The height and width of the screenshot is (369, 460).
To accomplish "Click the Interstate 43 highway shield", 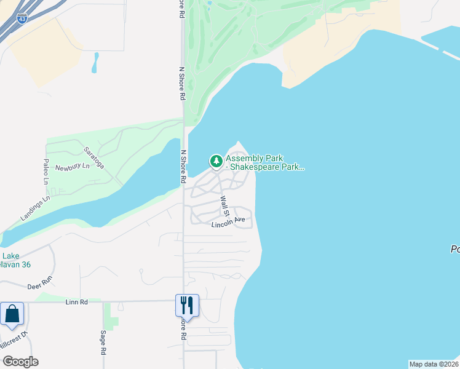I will pyautogui.click(x=22, y=19).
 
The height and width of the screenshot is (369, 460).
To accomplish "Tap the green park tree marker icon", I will pyautogui.click(x=216, y=161).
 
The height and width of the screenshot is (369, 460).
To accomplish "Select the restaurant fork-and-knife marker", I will pyautogui.click(x=187, y=306).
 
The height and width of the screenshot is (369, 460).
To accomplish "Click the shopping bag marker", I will pyautogui.click(x=12, y=314).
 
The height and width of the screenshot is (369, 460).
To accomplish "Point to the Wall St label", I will pyautogui.click(x=225, y=206).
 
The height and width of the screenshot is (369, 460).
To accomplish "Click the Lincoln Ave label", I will pyautogui.click(x=228, y=222).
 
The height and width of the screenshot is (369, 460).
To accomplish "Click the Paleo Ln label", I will pyautogui.click(x=46, y=171).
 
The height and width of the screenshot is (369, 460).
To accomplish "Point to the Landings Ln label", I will pyautogui.click(x=35, y=207).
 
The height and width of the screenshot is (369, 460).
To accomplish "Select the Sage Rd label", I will pyautogui.click(x=103, y=343).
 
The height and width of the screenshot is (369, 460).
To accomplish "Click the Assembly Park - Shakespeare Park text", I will pyautogui.click(x=264, y=162).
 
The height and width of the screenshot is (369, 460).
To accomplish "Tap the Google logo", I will pyautogui.click(x=20, y=362).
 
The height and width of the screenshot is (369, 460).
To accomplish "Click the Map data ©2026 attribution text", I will pyautogui.click(x=434, y=364).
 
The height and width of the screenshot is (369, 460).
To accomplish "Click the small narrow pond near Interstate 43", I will pyautogui.click(x=95, y=62).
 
